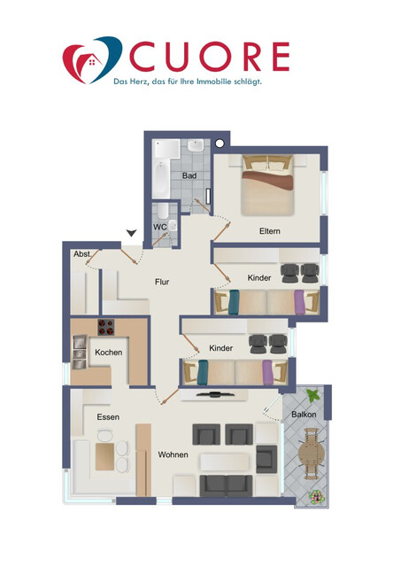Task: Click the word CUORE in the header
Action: click(x=209, y=56)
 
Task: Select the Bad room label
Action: click(x=189, y=175)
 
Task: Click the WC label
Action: click(x=160, y=227)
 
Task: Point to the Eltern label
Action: click(x=270, y=231)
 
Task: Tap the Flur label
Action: click(x=162, y=282)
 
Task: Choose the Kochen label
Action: click(x=109, y=352)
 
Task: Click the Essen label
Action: click(x=108, y=416)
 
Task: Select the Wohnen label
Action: click(x=173, y=454)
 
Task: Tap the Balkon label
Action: click(x=304, y=415)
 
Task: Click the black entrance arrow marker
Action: click(x=131, y=233)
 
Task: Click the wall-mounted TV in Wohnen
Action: click(x=214, y=393)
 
